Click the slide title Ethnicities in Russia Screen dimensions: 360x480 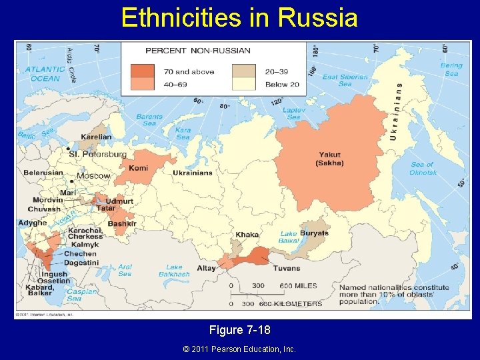(x=239, y=17)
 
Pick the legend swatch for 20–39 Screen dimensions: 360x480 (x=244, y=71)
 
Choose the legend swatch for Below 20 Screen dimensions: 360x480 (x=244, y=84)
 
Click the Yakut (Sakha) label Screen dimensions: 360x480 (x=330, y=159)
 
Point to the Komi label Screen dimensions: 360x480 (x=139, y=169)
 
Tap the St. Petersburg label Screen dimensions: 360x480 (x=97, y=154)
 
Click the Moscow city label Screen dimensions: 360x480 (x=93, y=176)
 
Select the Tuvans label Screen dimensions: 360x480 (x=286, y=268)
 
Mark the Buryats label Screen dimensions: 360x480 (x=314, y=233)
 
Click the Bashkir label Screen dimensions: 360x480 (x=122, y=224)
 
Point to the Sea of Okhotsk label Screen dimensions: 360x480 (x=423, y=168)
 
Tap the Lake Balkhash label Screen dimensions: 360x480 (x=174, y=271)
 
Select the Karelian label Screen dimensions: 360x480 (x=96, y=137)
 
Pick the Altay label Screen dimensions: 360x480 (x=206, y=268)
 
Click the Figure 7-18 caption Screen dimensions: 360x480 (x=239, y=330)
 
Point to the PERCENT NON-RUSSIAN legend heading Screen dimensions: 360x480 (x=198, y=50)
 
